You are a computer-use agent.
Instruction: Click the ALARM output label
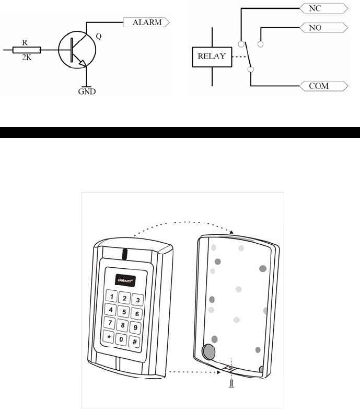(146, 22)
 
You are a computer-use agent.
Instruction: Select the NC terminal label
(322, 8)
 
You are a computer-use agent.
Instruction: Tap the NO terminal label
(322, 27)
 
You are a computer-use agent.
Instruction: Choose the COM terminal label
(323, 85)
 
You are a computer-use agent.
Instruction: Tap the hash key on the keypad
(134, 342)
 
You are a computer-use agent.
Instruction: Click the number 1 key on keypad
(111, 296)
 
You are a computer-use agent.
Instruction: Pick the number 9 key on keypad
(135, 328)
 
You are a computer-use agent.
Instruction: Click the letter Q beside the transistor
(99, 37)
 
